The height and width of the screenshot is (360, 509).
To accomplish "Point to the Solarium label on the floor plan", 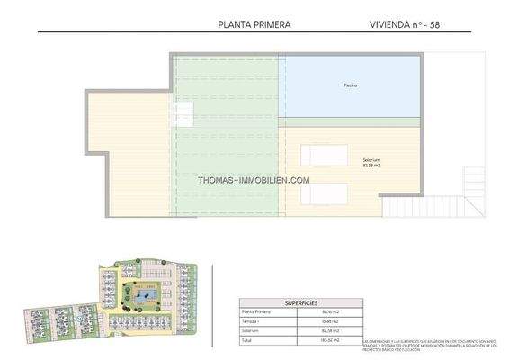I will [x=345, y=160].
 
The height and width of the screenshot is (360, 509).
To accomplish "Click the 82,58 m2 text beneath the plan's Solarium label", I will [x=345, y=166].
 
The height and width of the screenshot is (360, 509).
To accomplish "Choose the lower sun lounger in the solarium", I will [x=324, y=191].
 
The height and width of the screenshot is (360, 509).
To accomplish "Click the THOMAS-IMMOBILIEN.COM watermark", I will [x=254, y=179].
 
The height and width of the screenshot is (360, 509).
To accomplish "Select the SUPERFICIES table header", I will [x=298, y=303].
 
